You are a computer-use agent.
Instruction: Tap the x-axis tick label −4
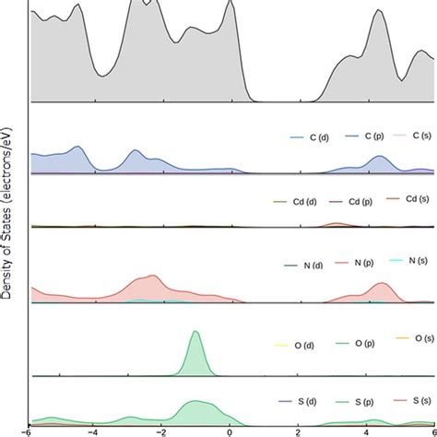click(x=93, y=431)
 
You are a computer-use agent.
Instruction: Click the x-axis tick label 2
click(x=299, y=431)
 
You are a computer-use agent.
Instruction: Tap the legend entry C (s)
click(x=414, y=135)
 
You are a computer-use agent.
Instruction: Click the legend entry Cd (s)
click(x=410, y=198)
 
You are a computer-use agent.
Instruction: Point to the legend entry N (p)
click(x=356, y=263)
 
